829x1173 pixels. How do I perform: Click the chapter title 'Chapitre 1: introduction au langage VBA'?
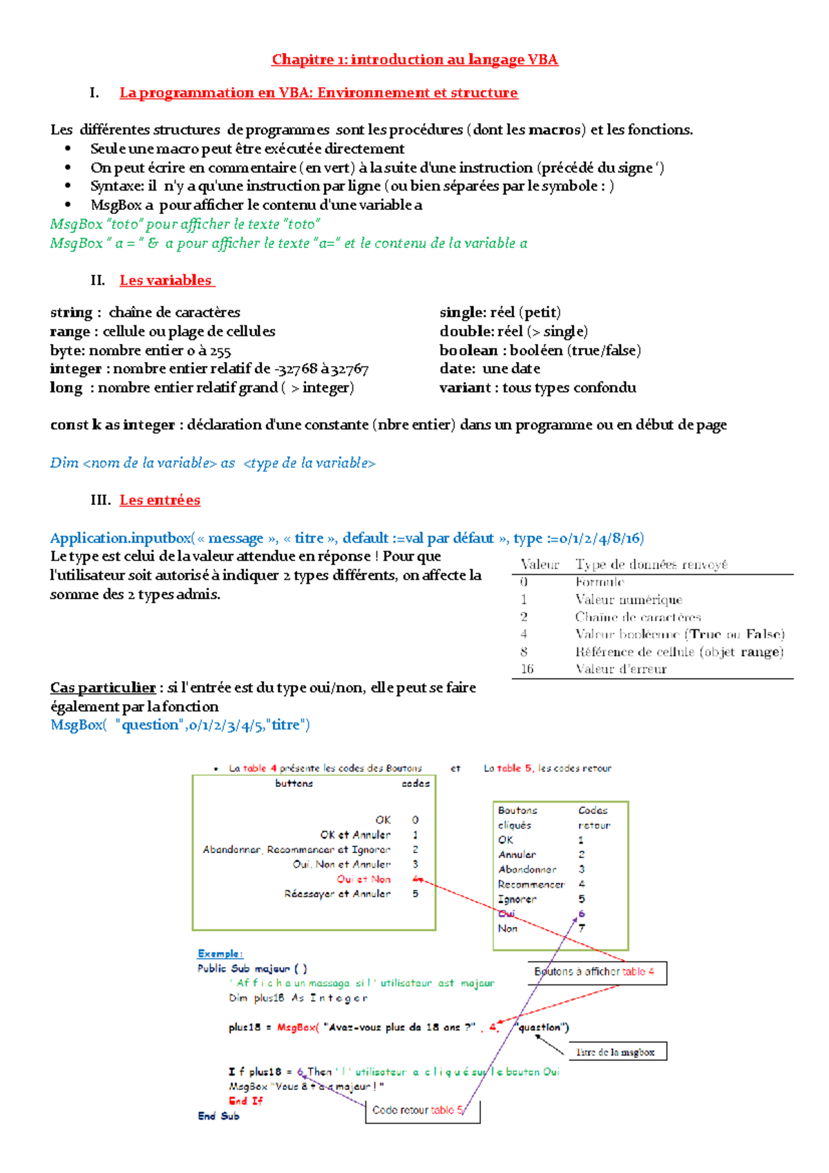tap(414, 59)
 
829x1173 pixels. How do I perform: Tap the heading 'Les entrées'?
tap(160, 500)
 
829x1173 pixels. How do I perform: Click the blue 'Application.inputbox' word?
tap(121, 538)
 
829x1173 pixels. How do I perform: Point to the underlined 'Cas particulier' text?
tap(103, 688)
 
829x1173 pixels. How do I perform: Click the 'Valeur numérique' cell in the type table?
tap(629, 600)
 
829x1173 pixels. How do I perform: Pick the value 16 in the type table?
tap(527, 669)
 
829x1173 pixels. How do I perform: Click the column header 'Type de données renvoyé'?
tap(651, 564)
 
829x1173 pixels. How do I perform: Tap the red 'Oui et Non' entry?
tap(364, 879)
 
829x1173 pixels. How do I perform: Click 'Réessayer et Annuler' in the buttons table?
tap(337, 894)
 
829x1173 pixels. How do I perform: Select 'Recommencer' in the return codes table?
tap(531, 884)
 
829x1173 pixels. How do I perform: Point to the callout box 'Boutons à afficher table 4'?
tap(597, 972)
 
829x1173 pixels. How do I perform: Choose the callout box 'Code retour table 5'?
tap(422, 1110)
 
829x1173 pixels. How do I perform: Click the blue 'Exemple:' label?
tap(220, 954)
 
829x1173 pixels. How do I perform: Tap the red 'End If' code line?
tap(246, 1101)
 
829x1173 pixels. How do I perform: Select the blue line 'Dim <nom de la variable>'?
tap(213, 463)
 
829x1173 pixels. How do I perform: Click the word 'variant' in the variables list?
tap(465, 388)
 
